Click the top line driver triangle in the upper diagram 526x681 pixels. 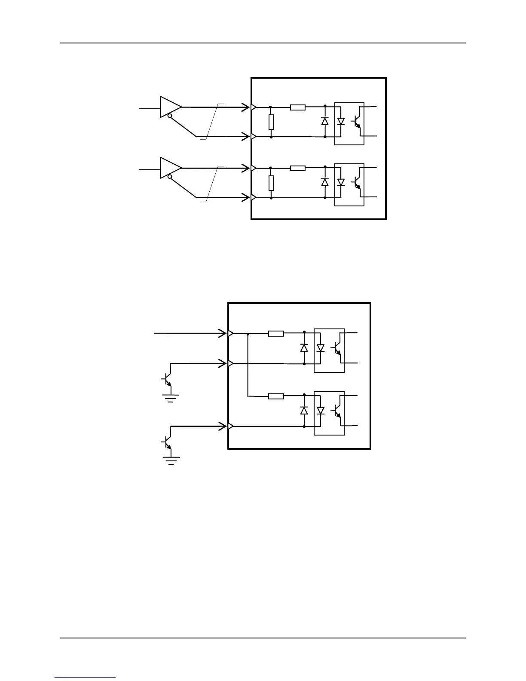(170, 107)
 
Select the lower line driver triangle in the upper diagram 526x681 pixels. (170, 168)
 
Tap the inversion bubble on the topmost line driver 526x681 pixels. (171, 116)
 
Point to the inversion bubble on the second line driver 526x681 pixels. (171, 177)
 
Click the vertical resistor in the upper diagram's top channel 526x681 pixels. (271, 122)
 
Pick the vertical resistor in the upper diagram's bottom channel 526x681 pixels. (271, 183)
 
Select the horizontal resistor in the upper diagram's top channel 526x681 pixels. (298, 107)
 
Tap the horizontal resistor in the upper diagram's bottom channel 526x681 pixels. (298, 168)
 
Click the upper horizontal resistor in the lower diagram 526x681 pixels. (276, 333)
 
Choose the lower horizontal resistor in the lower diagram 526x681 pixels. (276, 396)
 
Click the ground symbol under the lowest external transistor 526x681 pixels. (171, 460)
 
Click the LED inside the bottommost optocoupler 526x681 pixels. (320, 411)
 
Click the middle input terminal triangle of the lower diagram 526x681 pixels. (230, 364)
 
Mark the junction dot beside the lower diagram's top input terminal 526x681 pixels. (248, 333)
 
